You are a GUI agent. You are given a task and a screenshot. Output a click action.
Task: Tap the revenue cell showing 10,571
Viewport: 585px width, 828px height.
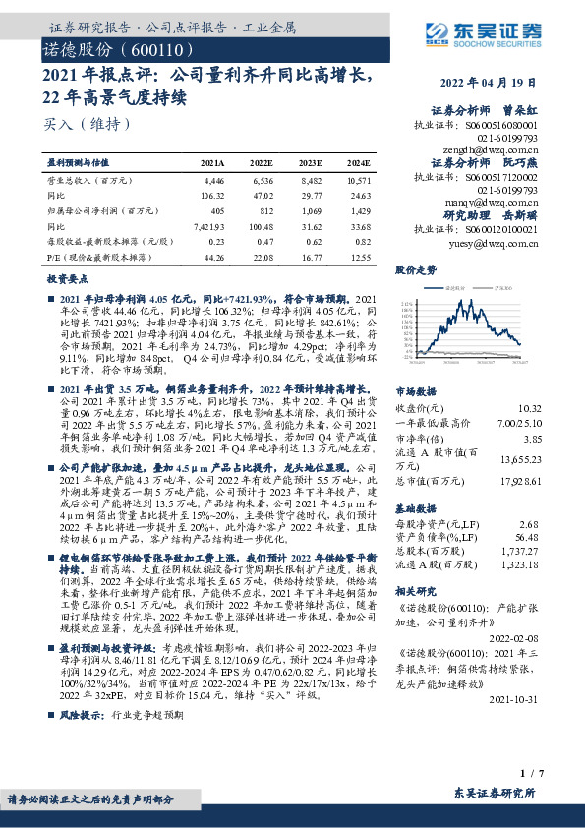pyautogui.click(x=360, y=181)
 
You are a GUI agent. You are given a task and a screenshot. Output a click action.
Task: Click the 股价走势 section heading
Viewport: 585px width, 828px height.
pyautogui.click(x=415, y=268)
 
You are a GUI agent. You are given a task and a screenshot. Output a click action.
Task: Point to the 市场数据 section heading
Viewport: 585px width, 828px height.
pyautogui.click(x=415, y=390)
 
